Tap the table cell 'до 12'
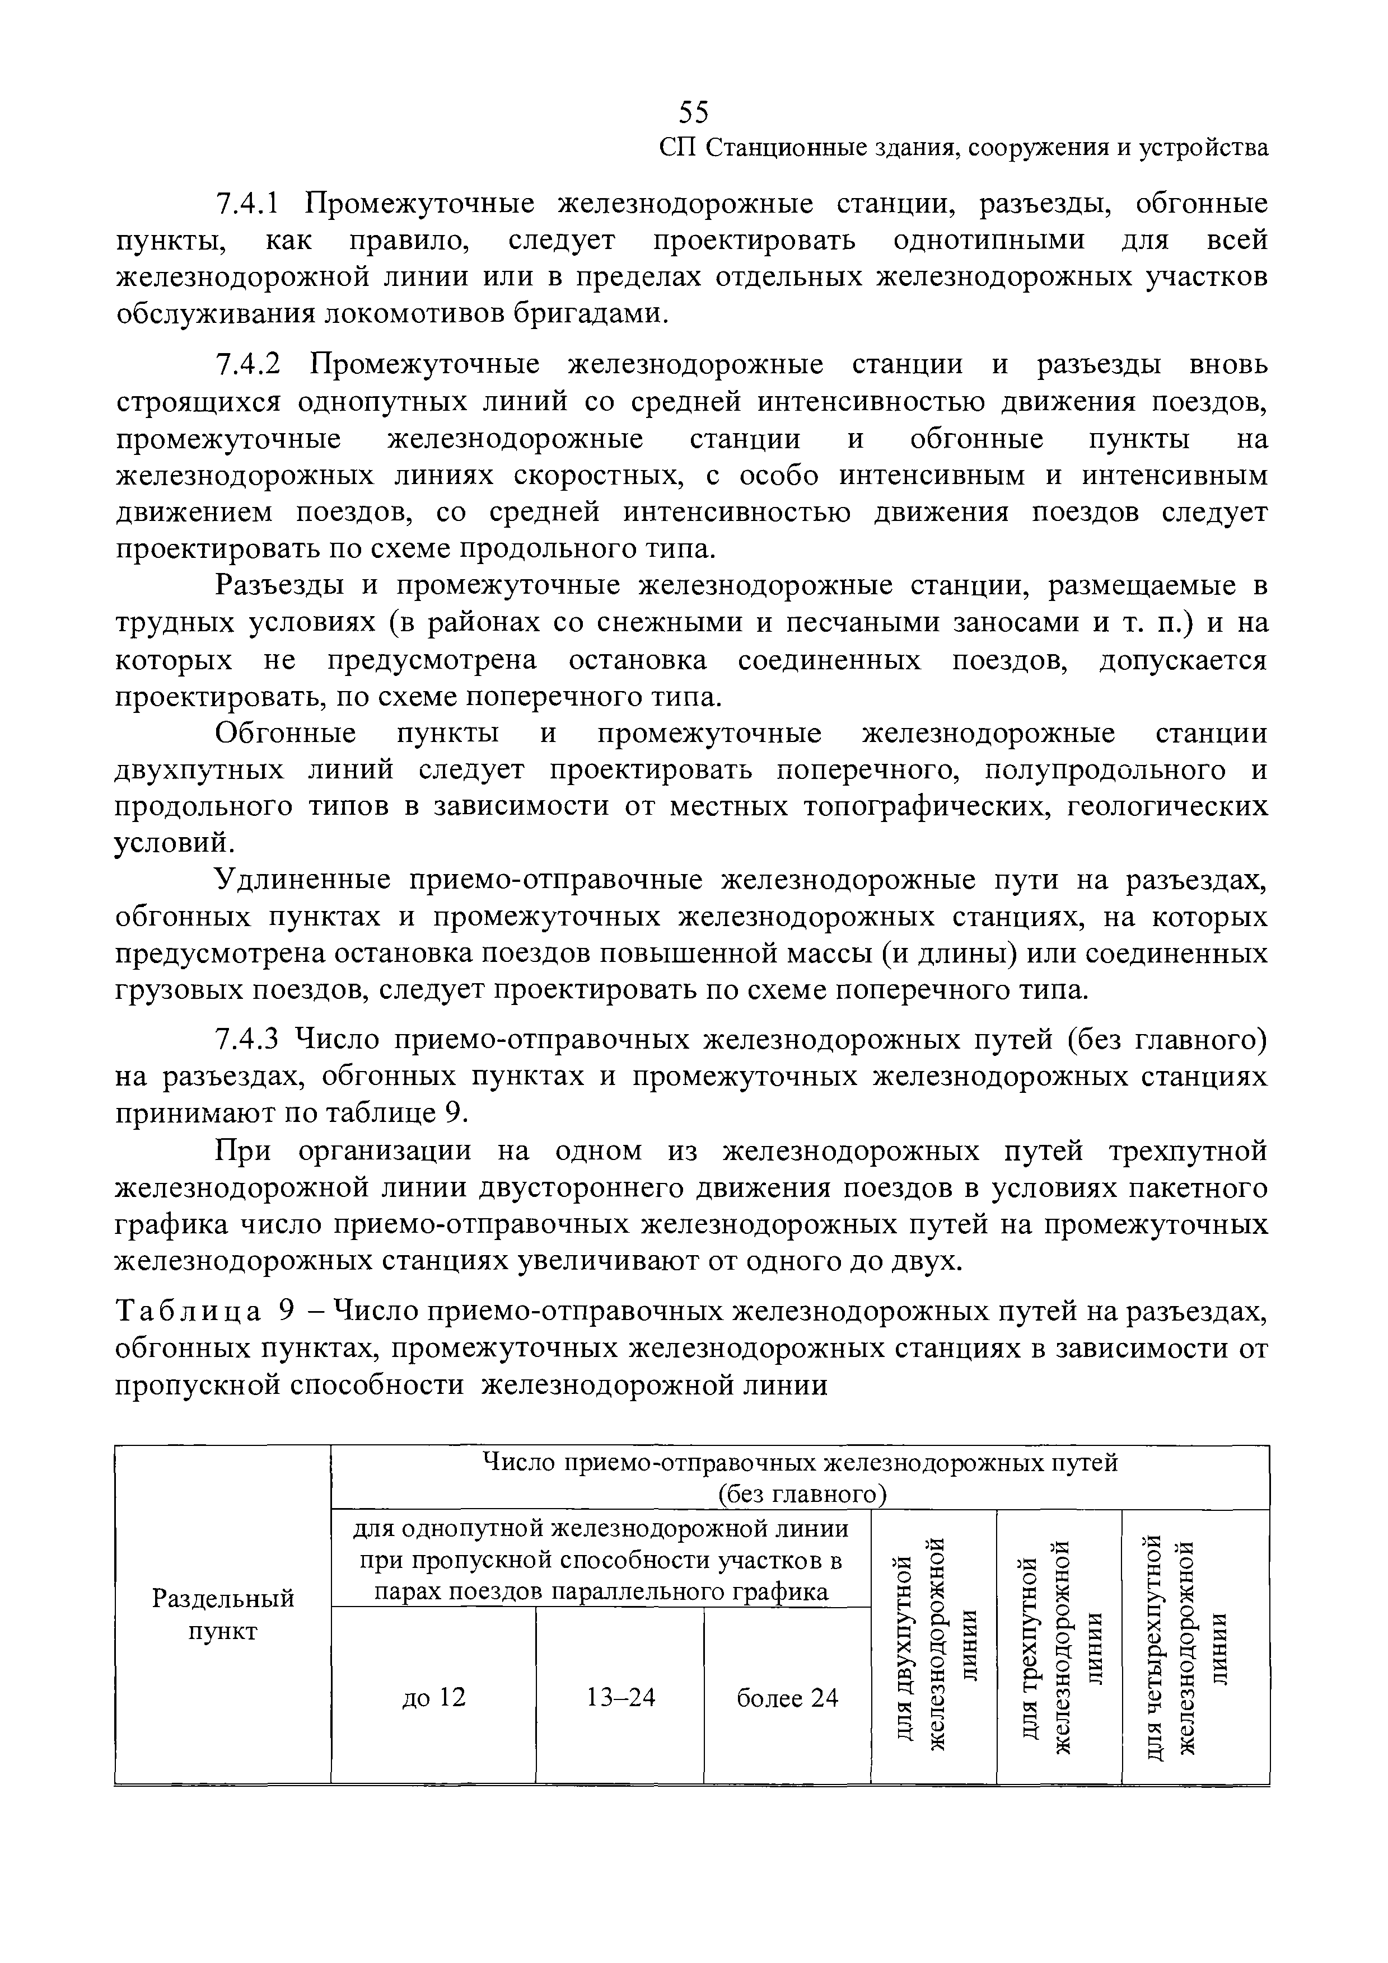tap(433, 1697)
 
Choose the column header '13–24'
tap(620, 1697)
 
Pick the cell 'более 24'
tap(787, 1697)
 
